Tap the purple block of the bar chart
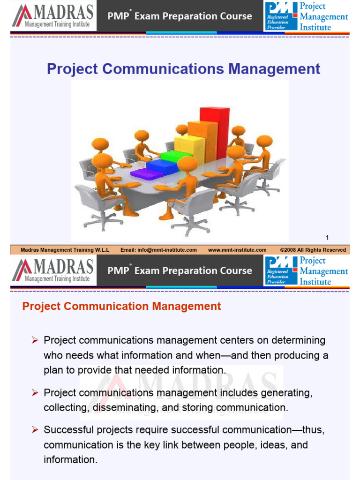[x=146, y=174]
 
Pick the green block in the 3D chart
[x=176, y=156]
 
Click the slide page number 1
[x=327, y=238]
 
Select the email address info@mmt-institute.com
[x=158, y=250]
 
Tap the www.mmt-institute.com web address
[x=237, y=250]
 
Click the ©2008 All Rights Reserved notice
[x=313, y=250]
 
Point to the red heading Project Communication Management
[x=121, y=307]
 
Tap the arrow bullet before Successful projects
[x=34, y=429]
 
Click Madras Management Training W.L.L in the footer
[x=65, y=250]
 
